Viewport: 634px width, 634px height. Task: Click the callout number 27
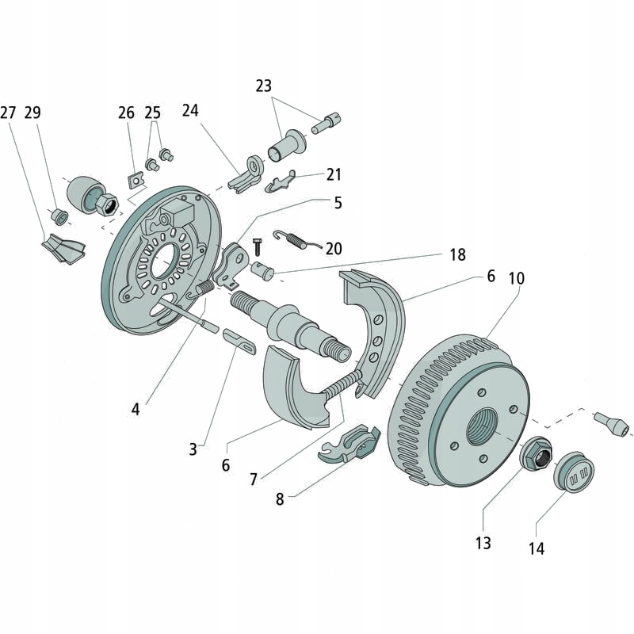click(9, 113)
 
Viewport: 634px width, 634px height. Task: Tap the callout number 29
click(32, 113)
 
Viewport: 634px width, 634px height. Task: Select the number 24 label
click(190, 110)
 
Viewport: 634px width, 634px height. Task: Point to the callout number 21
click(334, 174)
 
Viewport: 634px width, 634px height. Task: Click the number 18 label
click(458, 254)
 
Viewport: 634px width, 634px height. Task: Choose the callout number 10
click(517, 279)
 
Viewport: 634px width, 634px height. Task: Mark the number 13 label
click(483, 543)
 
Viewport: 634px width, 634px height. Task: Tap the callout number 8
click(280, 499)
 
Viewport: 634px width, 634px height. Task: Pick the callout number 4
click(136, 409)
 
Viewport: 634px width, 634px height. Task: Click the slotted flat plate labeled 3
click(239, 342)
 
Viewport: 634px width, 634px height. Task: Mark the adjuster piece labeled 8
click(349, 444)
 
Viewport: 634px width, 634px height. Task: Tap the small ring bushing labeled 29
click(58, 216)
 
